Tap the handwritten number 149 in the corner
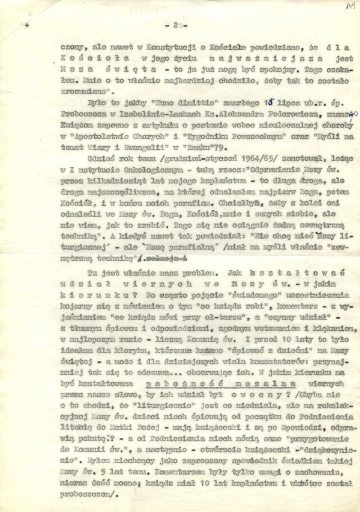pos(351,6)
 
